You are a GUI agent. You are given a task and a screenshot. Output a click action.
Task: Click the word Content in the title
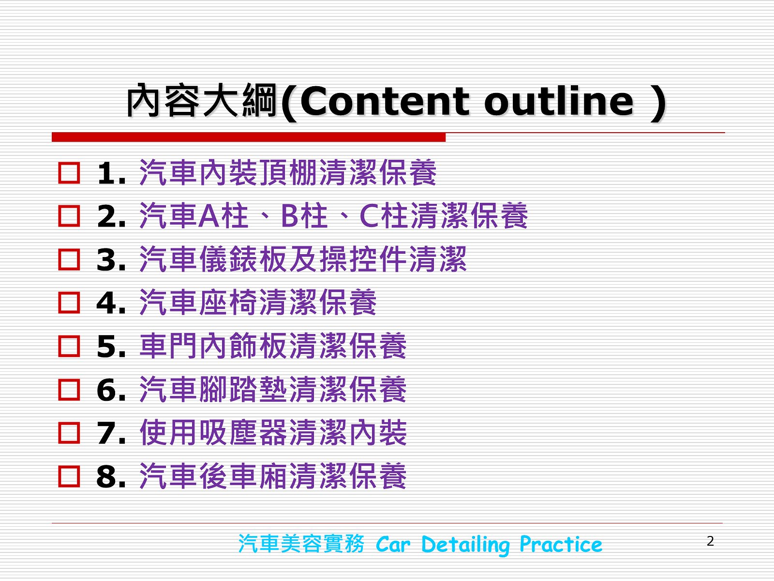pos(385,102)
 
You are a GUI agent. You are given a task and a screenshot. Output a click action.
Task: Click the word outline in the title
pos(559,102)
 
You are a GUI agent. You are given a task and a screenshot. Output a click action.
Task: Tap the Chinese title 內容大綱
pos(202,101)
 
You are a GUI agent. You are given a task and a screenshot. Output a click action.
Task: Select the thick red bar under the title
pos(249,137)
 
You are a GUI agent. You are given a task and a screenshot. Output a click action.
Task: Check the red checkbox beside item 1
pos(69,173)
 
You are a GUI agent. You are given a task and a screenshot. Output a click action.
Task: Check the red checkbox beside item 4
pos(69,303)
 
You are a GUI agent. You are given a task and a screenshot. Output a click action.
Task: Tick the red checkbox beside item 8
pos(69,476)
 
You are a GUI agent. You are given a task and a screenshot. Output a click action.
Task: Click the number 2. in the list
pos(111,216)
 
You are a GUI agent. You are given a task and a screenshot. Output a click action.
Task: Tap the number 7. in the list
pos(111,433)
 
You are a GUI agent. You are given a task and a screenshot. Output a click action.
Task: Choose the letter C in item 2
pos(370,216)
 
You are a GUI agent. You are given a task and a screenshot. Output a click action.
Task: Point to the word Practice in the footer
pos(561,544)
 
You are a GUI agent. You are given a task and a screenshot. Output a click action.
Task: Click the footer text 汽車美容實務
pos(301,544)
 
